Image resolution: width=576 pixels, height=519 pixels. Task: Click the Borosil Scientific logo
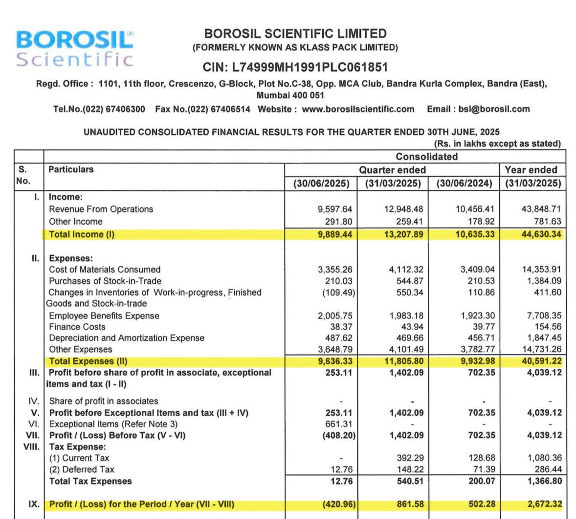pos(75,48)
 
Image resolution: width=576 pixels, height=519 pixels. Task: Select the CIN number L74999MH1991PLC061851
pos(295,67)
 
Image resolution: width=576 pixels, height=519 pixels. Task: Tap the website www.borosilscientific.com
pos(358,109)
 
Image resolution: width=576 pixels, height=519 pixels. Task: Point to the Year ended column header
pos(531,170)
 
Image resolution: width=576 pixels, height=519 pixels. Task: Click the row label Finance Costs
pos(77,327)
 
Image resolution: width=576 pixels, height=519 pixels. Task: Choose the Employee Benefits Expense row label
pos(104,316)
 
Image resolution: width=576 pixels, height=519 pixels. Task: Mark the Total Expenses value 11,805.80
pos(405,361)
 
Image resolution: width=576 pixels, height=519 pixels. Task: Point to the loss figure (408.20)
pos(338,435)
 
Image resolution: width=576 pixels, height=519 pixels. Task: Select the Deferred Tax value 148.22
pos(410,470)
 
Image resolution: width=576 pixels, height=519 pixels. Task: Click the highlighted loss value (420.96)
pos(338,504)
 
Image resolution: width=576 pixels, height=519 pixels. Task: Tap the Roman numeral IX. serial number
pos(34,503)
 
